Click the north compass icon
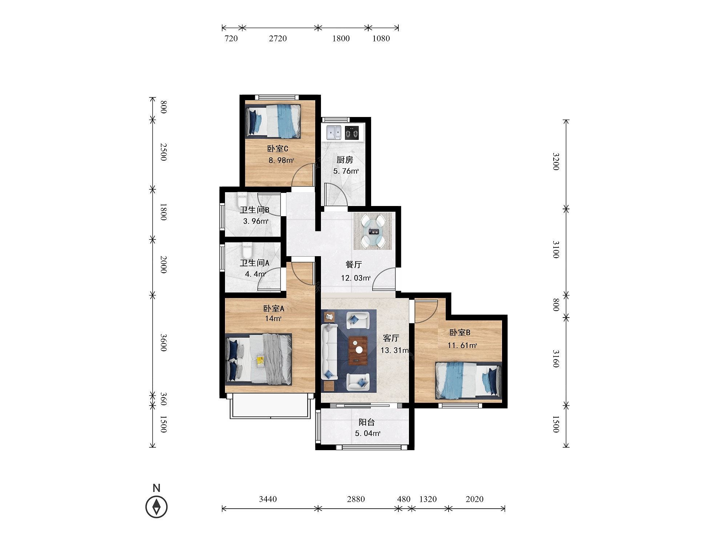pyautogui.click(x=157, y=506)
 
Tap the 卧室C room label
pyautogui.click(x=278, y=149)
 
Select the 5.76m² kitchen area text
pyautogui.click(x=346, y=171)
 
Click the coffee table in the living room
pyautogui.click(x=358, y=350)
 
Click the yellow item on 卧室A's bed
pyautogui.click(x=260, y=361)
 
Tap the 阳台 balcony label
pyautogui.click(x=366, y=422)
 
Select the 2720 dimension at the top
pyautogui.click(x=278, y=39)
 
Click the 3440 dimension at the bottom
pyautogui.click(x=268, y=499)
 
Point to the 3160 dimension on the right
pyautogui.click(x=555, y=359)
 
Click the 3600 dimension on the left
pyautogui.click(x=163, y=343)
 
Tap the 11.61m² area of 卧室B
pyautogui.click(x=462, y=346)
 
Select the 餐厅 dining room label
pyautogui.click(x=353, y=265)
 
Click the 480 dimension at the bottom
pyautogui.click(x=404, y=499)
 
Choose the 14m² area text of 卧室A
pyautogui.click(x=273, y=319)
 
